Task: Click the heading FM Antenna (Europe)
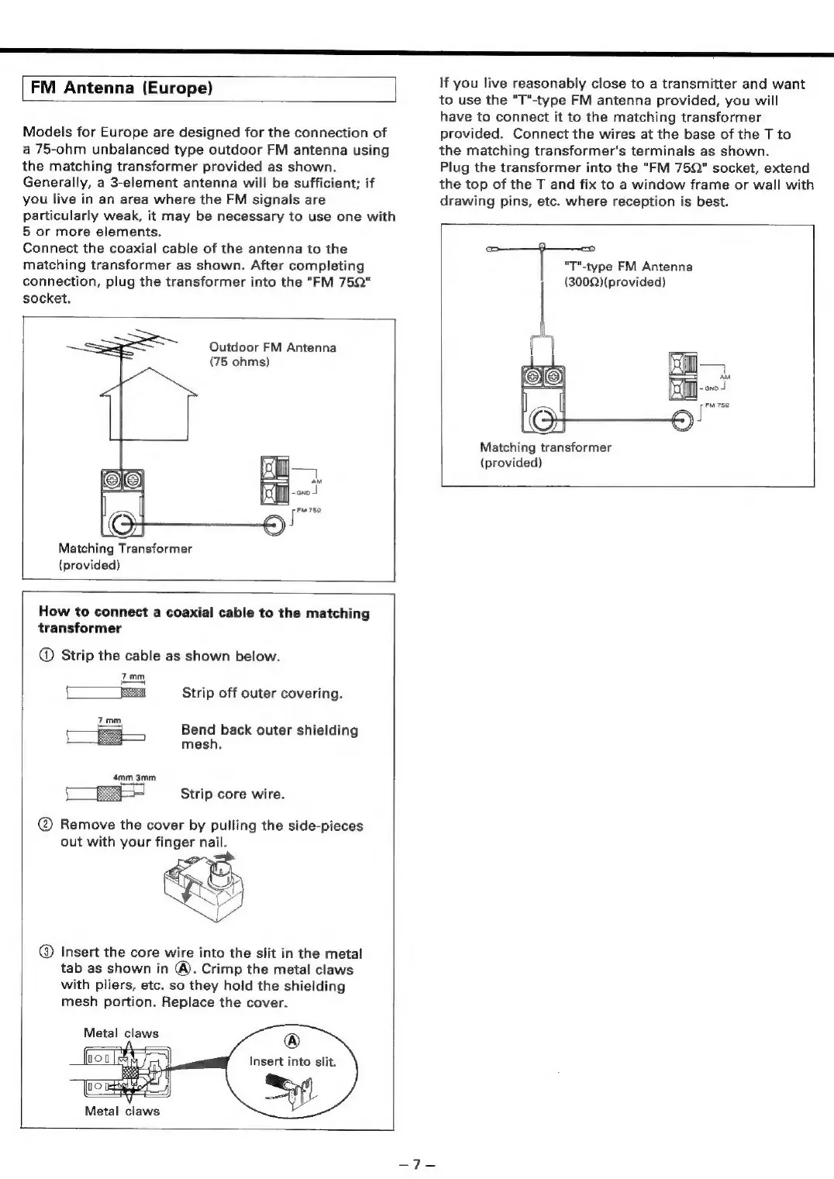tap(122, 88)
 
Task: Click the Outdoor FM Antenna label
tap(273, 354)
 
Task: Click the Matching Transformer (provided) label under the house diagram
tap(125, 557)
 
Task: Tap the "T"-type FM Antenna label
tap(628, 274)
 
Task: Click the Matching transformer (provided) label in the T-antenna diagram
tap(545, 455)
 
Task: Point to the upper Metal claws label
tap(121, 1033)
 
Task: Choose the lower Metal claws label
tap(122, 1111)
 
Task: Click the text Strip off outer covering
tap(262, 693)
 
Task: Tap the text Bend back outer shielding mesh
tap(269, 737)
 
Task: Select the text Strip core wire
tap(233, 794)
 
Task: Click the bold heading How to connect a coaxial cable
tap(204, 620)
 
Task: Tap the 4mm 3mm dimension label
tap(134, 777)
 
